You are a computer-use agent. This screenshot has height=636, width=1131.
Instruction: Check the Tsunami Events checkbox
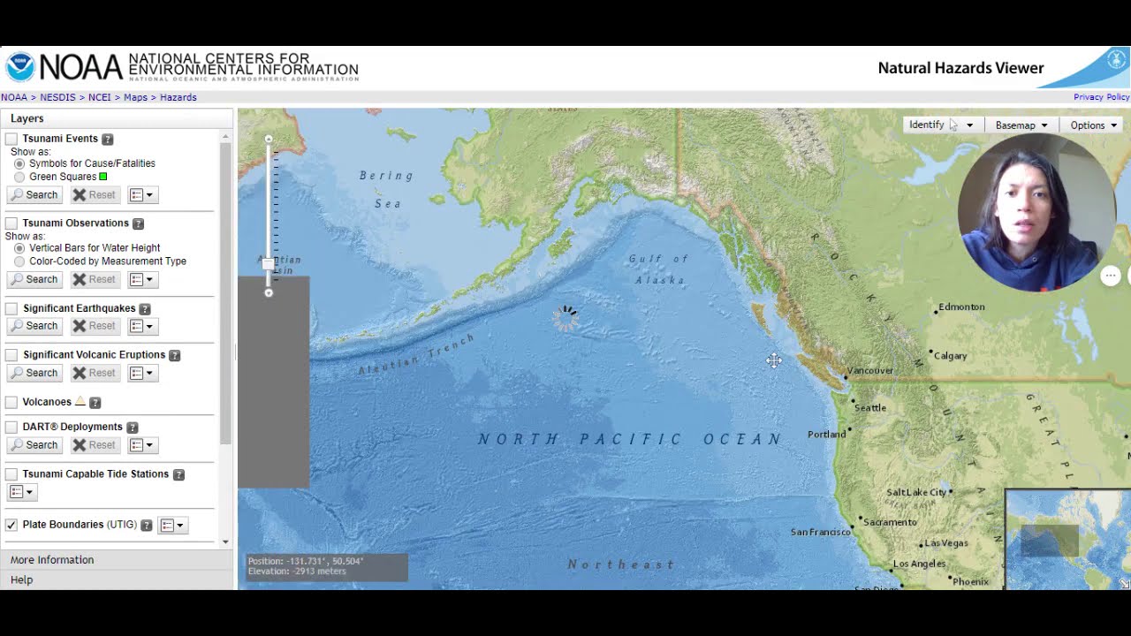11,139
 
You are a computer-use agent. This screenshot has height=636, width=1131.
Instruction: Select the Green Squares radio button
19,177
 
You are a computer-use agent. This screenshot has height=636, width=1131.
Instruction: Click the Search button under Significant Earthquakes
34,326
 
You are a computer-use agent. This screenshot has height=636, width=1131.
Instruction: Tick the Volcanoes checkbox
11,402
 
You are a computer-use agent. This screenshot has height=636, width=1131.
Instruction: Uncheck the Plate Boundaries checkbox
11,525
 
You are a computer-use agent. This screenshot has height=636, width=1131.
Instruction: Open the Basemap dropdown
1021,125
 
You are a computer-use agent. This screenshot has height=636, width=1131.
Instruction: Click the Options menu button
1093,125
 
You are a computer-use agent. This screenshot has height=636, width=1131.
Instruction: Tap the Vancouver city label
869,371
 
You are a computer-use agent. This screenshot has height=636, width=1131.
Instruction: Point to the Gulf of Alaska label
658,269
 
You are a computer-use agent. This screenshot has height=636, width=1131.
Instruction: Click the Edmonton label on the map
961,307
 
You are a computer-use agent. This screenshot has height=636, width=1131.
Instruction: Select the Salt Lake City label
916,492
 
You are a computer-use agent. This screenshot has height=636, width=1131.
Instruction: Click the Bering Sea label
386,189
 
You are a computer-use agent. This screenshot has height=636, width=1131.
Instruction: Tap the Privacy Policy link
1101,97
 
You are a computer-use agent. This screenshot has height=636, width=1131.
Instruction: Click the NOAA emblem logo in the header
19,67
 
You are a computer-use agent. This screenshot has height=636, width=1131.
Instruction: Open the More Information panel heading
52,560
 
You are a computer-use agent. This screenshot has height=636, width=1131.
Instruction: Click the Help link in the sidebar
22,580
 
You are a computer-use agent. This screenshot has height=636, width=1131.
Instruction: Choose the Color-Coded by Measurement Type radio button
19,261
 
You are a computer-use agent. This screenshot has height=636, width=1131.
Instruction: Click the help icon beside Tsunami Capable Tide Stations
178,474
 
